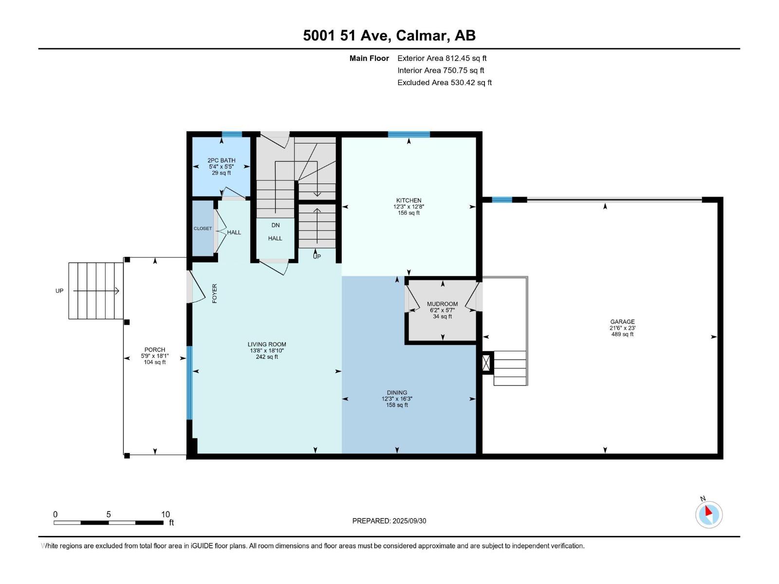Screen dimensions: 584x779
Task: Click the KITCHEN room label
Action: pos(408,200)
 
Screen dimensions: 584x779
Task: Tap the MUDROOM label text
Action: pos(442,304)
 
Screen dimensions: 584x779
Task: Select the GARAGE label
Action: pos(622,322)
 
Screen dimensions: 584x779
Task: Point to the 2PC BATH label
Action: pos(221,160)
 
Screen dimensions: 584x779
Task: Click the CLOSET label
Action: pos(203,228)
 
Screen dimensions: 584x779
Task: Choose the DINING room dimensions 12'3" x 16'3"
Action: pos(397,399)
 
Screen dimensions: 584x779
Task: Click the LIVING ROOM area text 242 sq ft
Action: pos(267,357)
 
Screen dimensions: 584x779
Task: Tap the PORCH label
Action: pos(154,349)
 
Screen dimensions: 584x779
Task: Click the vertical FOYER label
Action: pos(215,293)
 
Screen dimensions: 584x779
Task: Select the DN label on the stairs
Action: pos(276,225)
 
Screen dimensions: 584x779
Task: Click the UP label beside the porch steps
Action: pos(59,291)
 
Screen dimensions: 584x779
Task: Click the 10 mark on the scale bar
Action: pos(166,514)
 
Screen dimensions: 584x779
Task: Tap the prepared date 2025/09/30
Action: pos(409,521)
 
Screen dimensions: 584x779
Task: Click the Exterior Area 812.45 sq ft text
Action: pos(442,58)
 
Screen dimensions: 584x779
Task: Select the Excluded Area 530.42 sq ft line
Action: pos(444,82)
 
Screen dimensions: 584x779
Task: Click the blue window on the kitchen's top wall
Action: pos(408,135)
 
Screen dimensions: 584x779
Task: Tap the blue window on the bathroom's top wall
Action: pos(232,135)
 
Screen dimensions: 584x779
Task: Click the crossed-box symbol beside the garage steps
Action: pos(486,363)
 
